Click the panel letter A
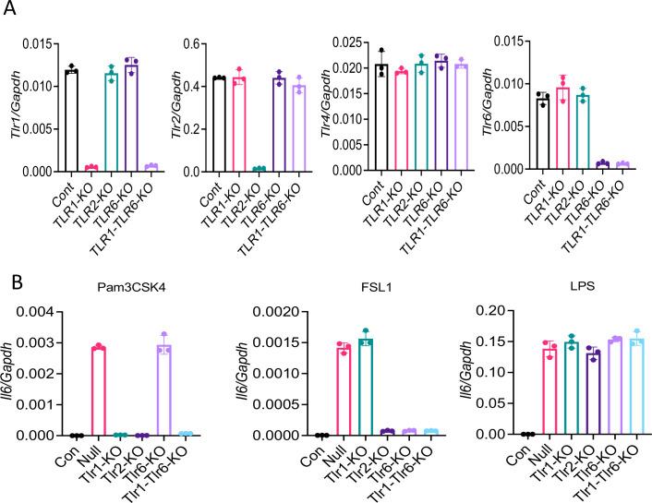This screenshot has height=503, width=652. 12,11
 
